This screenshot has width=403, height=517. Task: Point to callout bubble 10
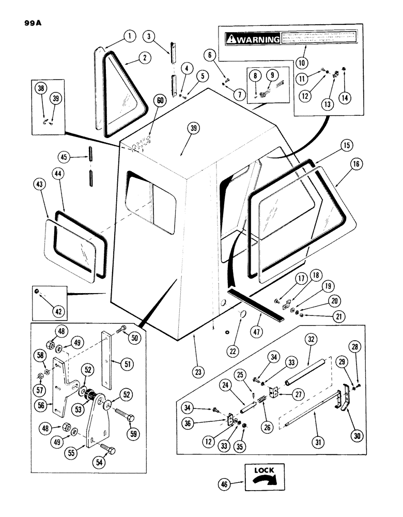(301, 63)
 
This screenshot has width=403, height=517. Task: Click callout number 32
(311, 341)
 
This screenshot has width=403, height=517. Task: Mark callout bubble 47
(250, 329)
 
